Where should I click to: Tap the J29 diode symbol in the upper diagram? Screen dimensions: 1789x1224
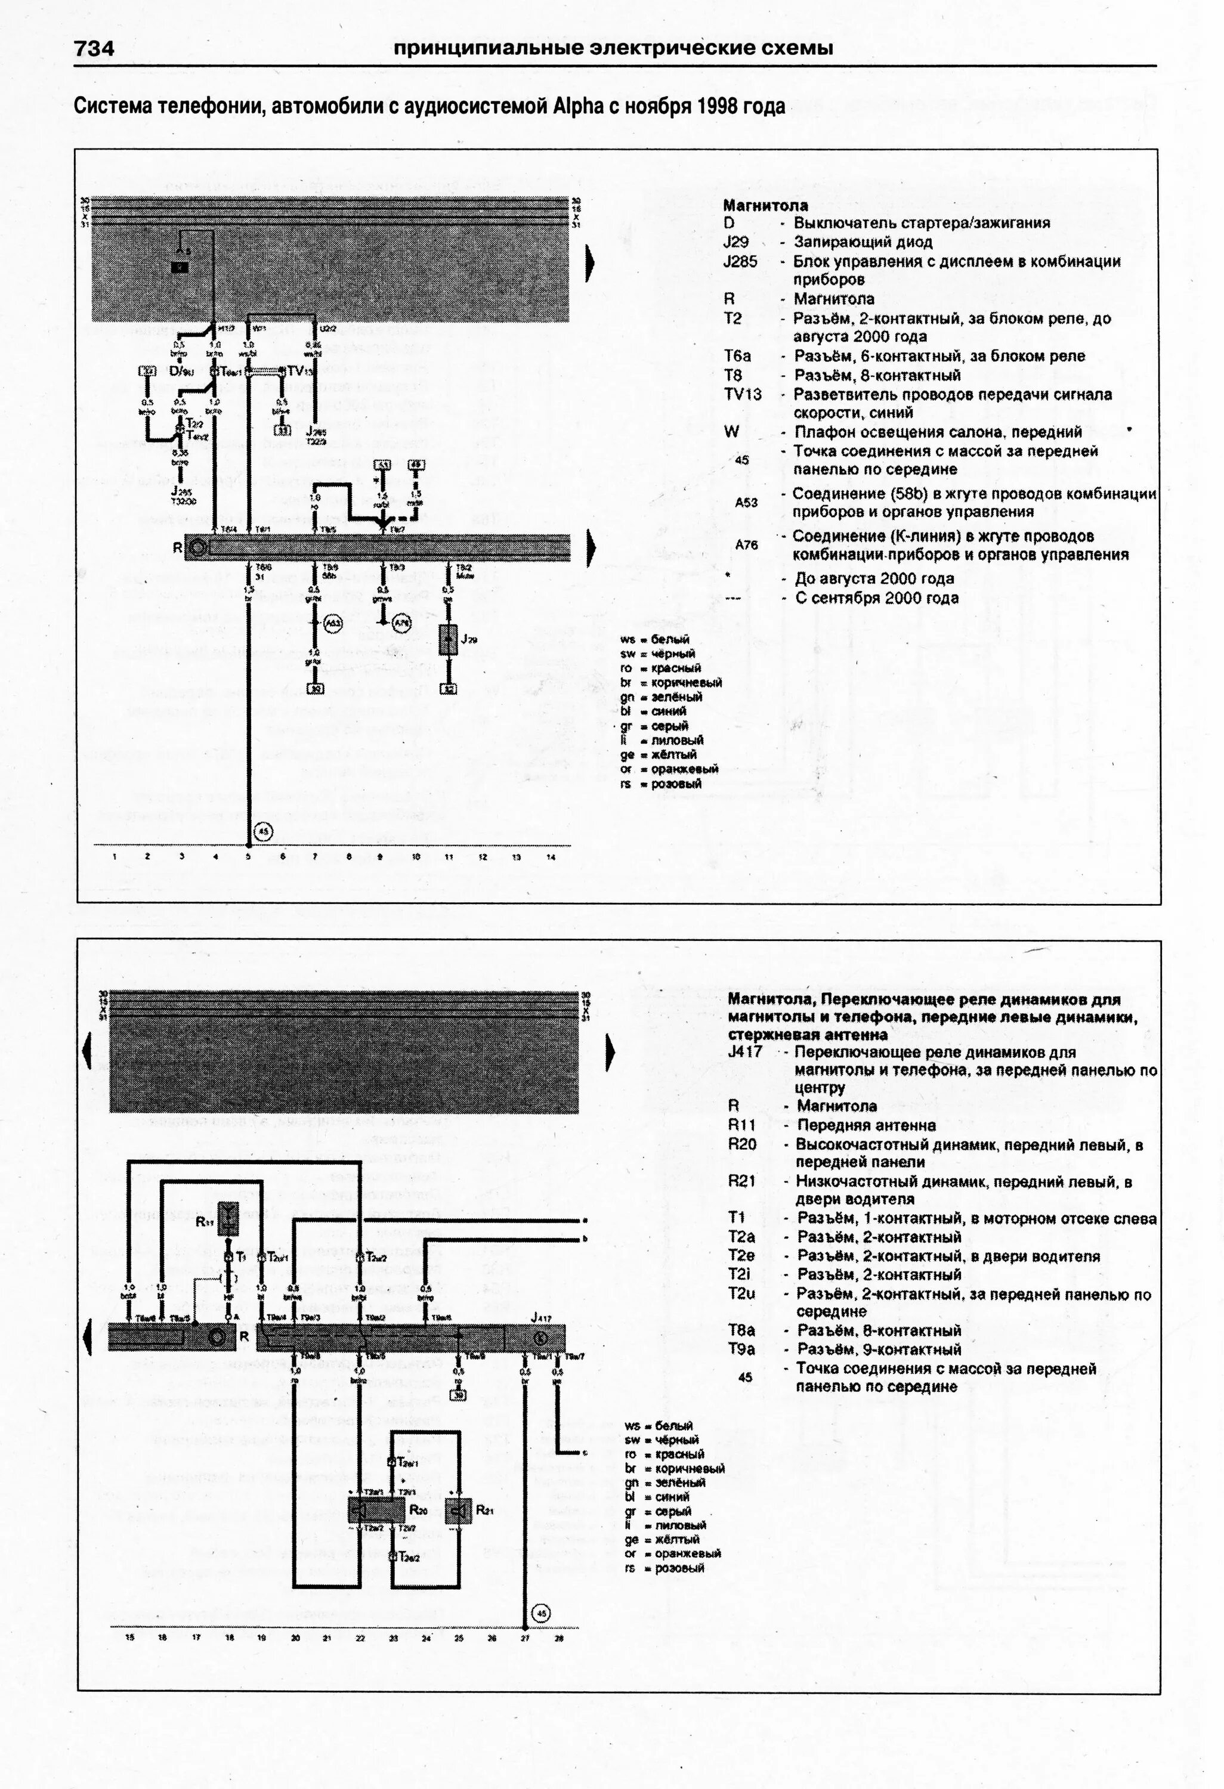tap(449, 640)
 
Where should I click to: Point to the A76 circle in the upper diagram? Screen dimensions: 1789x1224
tap(401, 622)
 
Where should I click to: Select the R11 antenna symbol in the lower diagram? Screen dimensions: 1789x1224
tap(228, 1218)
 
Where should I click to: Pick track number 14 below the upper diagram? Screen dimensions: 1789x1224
tap(551, 857)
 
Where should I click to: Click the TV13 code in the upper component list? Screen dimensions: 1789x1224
tap(742, 395)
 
